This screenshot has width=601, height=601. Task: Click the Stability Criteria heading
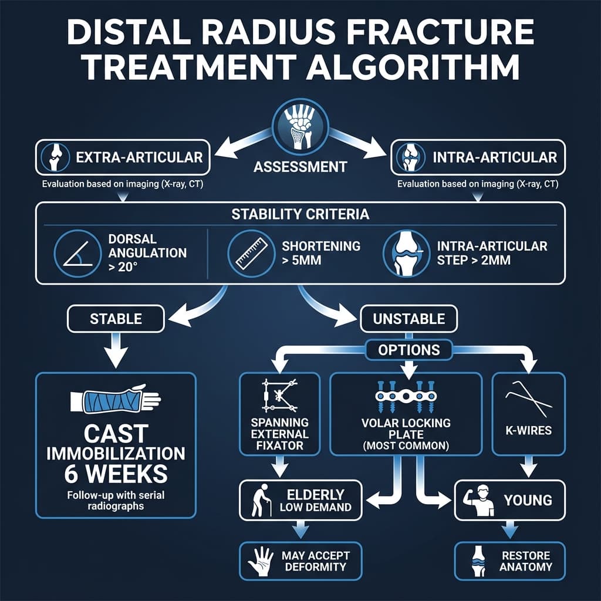click(300, 214)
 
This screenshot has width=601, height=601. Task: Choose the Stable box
click(116, 319)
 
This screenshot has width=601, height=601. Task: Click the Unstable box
click(408, 319)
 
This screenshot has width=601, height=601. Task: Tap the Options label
click(408, 350)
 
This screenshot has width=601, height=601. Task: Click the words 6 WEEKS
click(116, 473)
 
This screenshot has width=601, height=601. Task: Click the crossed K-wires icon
click(528, 399)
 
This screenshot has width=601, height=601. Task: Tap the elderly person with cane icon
click(259, 500)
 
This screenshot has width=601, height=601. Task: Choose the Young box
click(510, 500)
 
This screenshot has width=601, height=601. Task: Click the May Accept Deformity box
click(300, 561)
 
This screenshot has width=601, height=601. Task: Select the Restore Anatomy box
click(510, 561)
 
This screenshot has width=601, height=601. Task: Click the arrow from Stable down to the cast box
click(116, 351)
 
